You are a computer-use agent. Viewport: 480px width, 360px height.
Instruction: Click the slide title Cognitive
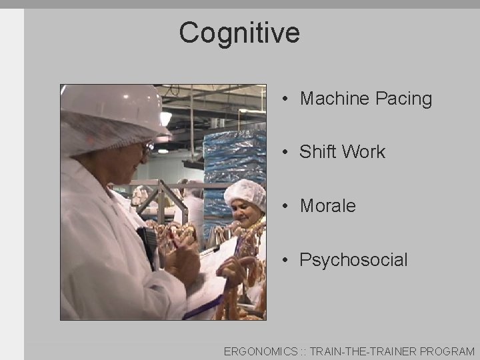[x=239, y=33]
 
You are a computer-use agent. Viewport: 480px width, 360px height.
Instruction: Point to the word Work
[x=363, y=152]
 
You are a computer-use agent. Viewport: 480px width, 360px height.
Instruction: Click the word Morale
[x=327, y=206]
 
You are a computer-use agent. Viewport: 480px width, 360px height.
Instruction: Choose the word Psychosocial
[x=353, y=260]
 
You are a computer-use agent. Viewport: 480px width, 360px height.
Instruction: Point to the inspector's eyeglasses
[x=148, y=147]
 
